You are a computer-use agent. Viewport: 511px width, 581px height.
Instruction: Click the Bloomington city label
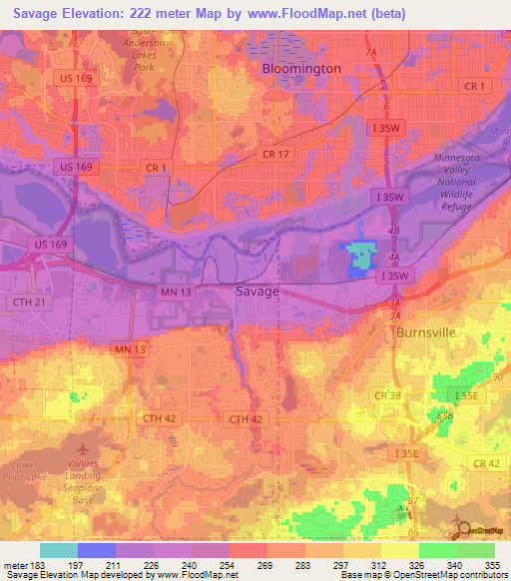pos(301,69)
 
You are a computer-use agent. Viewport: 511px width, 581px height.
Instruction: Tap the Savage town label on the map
pos(256,291)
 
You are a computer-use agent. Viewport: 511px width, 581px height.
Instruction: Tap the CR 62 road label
pos(486,463)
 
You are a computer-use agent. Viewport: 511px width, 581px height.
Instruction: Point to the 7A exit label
pos(372,52)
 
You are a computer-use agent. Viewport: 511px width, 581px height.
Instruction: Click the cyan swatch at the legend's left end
pos(59,550)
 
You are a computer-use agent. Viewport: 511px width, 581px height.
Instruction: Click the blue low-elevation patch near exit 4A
pos(358,256)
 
